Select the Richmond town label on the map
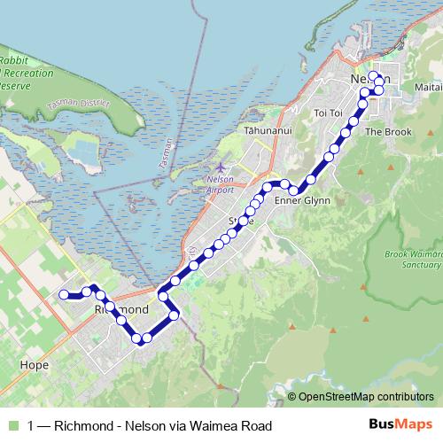[x=120, y=309]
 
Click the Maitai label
[x=426, y=87]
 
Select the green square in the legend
[x=12, y=426]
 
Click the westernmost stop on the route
[x=63, y=294]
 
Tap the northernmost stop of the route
[x=373, y=75]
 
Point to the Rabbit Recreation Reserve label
[x=21, y=72]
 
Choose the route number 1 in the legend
[x=32, y=426]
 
